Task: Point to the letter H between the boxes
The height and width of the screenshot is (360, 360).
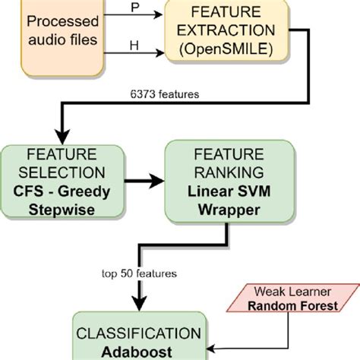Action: point(136,46)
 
